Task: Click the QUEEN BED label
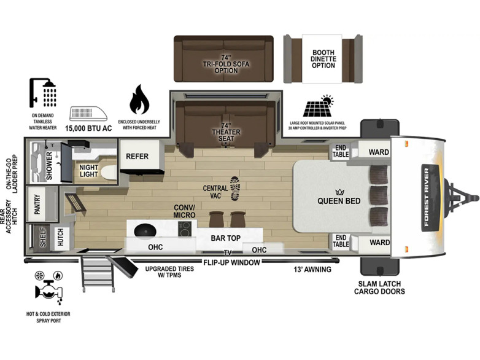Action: click(339, 201)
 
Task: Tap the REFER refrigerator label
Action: click(137, 156)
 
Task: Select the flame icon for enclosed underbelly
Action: click(139, 100)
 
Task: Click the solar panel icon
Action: click(319, 106)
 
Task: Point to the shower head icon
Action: click(43, 93)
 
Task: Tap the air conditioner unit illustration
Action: click(88, 114)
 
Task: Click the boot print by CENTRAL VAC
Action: click(235, 189)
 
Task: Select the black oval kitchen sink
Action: click(145, 230)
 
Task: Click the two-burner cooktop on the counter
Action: click(185, 229)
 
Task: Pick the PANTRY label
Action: click(37, 204)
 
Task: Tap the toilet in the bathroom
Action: click(109, 173)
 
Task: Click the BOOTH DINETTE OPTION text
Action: click(323, 59)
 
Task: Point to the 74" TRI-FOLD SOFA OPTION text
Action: click(226, 64)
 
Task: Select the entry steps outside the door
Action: click(98, 273)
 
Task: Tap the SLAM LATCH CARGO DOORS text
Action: click(379, 288)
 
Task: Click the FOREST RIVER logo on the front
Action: click(427, 198)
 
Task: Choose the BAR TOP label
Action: click(226, 238)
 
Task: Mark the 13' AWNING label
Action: click(312, 270)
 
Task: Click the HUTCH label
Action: click(61, 237)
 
